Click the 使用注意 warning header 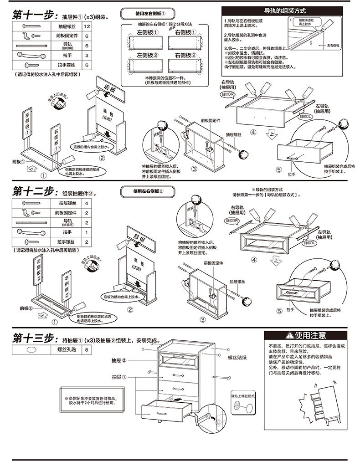(x=306, y=336)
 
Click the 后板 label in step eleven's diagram (x=110, y=87)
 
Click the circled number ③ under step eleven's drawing (x=194, y=169)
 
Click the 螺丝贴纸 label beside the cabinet (x=237, y=358)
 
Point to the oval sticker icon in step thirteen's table (x=31, y=350)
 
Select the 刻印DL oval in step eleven (x=305, y=117)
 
